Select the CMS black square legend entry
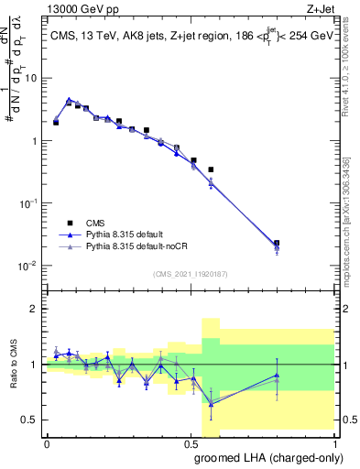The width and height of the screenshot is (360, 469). pos(69,222)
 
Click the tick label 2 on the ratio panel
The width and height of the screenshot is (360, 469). pos(35,310)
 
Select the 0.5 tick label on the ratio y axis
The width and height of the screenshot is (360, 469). pos(31,420)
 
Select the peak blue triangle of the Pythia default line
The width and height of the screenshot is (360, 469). pos(70,101)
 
